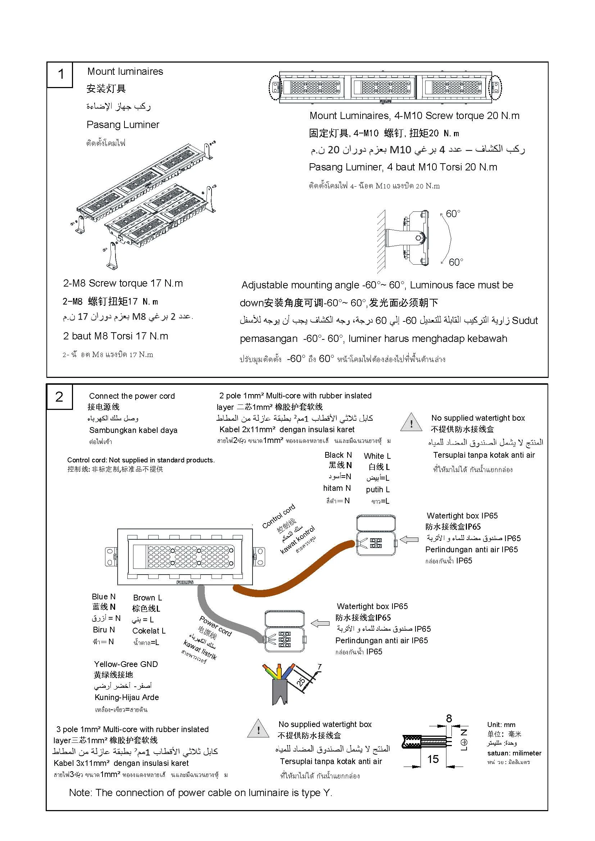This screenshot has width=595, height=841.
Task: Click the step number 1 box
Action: click(60, 74)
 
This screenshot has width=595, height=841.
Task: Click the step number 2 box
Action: click(59, 397)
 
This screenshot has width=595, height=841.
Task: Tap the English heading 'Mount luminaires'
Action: click(125, 72)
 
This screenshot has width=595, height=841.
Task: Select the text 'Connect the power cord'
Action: click(132, 396)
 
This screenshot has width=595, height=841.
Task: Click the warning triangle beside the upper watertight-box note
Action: click(412, 423)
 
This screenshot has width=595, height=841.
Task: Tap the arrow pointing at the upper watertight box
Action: click(409, 540)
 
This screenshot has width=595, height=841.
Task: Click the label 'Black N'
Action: click(338, 455)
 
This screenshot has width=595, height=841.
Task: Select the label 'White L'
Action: click(377, 456)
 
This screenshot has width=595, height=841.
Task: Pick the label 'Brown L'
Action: click(147, 598)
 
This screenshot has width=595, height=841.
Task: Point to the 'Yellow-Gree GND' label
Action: click(126, 664)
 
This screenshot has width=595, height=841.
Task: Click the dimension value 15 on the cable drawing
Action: click(433, 759)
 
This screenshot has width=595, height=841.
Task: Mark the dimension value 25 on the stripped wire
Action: click(300, 681)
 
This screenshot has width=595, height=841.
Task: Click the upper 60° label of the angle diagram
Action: click(453, 214)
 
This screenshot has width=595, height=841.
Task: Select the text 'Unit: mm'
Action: click(501, 725)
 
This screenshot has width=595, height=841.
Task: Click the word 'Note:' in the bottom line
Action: click(80, 793)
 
